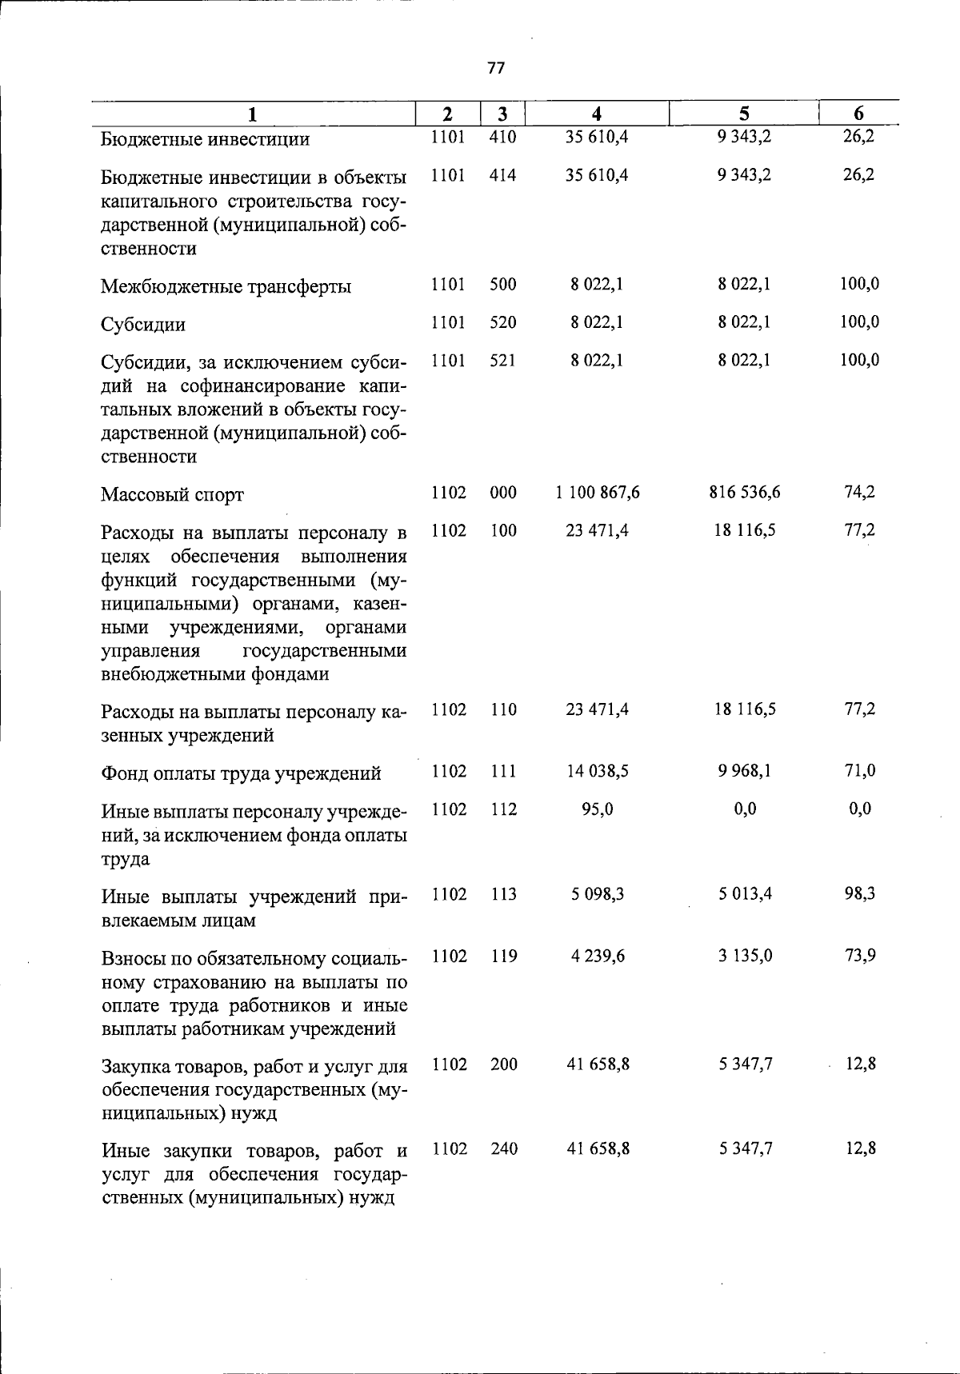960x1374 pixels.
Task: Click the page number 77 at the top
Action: pos(496,69)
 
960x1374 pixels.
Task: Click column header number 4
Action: pos(596,114)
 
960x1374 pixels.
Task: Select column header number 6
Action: pos(858,114)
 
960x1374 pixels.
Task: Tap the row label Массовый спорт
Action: pos(172,495)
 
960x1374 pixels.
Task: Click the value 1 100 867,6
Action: pos(597,493)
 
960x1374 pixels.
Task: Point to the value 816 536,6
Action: pos(744,493)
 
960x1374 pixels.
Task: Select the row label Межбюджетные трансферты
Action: pos(226,286)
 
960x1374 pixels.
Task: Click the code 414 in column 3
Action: pos(503,175)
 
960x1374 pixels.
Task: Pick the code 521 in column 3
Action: pos(503,361)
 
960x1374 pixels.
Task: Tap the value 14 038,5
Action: pos(597,771)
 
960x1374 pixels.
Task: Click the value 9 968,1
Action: pos(744,771)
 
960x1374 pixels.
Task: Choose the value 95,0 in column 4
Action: pos(597,809)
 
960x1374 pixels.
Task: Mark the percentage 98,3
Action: pos(859,894)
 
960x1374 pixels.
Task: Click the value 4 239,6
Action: pos(597,956)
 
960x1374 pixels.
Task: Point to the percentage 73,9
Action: pos(859,956)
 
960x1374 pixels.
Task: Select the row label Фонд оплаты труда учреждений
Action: pos(241,774)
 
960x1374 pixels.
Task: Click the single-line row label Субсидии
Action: pos(143,325)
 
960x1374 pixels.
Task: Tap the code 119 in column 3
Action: pos(503,956)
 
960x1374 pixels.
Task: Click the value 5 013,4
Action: pos(744,894)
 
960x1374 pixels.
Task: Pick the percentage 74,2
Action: pos(859,493)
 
